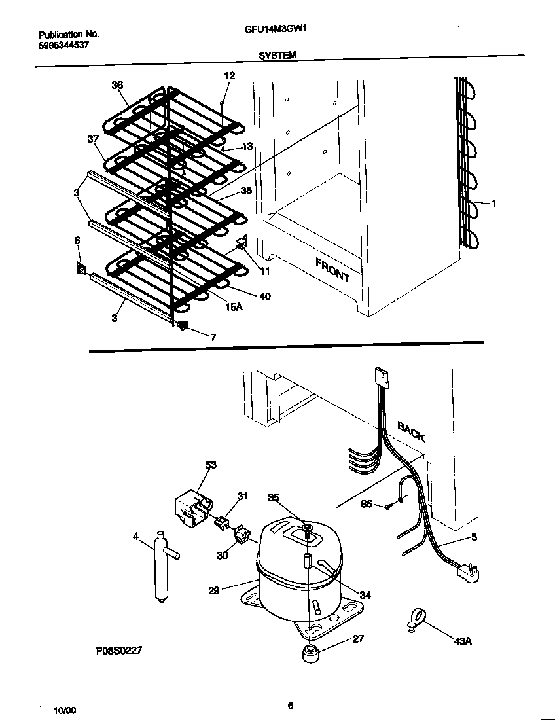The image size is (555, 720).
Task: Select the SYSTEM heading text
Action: (277, 56)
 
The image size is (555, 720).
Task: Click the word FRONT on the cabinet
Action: (332, 270)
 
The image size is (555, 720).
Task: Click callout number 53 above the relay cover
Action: (210, 465)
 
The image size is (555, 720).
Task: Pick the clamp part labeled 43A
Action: (415, 619)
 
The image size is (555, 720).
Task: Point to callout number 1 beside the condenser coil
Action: (494, 204)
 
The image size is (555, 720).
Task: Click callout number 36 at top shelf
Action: (117, 85)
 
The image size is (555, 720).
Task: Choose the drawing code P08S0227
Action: (118, 651)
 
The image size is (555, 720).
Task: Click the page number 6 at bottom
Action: (290, 705)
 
